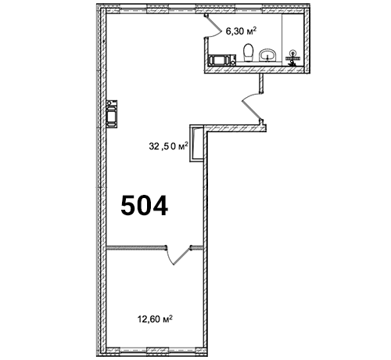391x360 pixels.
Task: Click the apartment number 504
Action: tap(145, 206)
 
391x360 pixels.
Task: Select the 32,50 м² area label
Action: tap(168, 146)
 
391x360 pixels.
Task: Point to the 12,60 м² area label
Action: tap(155, 319)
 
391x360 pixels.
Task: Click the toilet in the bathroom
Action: tap(248, 52)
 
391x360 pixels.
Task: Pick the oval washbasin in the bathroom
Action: tap(267, 56)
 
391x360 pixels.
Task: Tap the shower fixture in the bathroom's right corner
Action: tap(293, 58)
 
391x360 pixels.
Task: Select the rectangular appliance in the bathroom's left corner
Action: tap(222, 59)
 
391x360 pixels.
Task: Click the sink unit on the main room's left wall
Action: tap(112, 114)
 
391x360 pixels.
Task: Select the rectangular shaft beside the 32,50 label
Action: tap(196, 143)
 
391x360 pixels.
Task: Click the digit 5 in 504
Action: tap(130, 206)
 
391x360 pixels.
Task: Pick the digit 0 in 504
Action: tap(145, 206)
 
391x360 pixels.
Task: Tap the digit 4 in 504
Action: tap(160, 206)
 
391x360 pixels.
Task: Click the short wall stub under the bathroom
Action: tap(261, 83)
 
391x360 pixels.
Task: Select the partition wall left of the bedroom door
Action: tap(136, 247)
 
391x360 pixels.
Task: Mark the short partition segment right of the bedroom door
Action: tap(197, 247)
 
